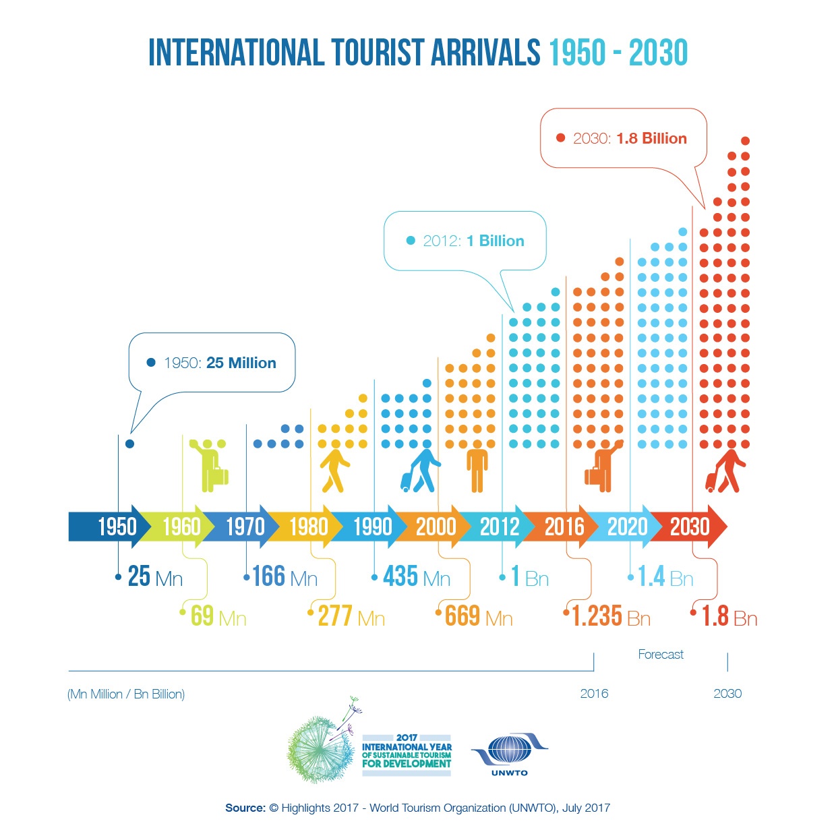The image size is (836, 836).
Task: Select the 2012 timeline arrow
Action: pos(500,527)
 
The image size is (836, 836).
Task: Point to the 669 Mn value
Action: pos(478,616)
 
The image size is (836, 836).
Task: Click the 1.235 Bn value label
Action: pos(610,616)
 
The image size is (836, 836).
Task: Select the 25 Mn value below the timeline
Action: pos(154,577)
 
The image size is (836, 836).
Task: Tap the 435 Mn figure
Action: pos(416,577)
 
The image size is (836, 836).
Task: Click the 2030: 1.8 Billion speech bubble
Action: pos(623,139)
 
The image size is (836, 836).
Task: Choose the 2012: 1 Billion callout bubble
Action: pos(465,241)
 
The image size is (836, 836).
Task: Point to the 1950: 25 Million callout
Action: pos(212,363)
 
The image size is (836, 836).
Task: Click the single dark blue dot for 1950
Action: pos(129,444)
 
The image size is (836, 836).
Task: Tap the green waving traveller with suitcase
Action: pos(210,465)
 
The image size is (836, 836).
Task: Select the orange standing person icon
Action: pos(477,467)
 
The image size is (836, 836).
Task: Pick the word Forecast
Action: pos(661,655)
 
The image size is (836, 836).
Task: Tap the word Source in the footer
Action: pos(245,808)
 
